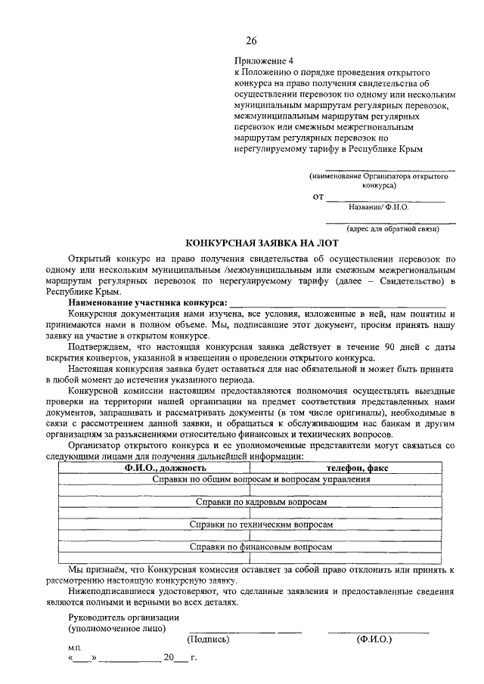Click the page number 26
point(251,40)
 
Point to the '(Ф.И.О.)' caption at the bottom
point(374,639)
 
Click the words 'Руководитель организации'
point(118,617)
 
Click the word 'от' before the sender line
point(318,197)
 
